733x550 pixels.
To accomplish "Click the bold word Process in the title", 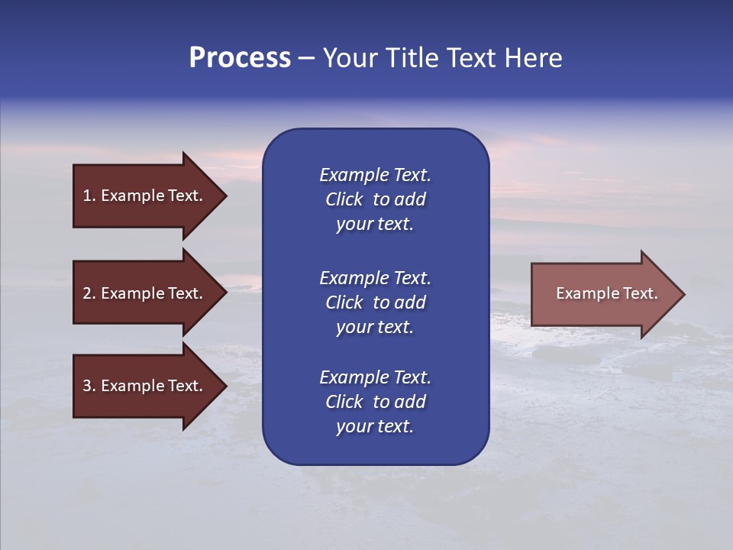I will coord(240,58).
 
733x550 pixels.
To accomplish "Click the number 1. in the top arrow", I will coord(89,196).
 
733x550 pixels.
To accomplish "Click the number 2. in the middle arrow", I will coord(89,293).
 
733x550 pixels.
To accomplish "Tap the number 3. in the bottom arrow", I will coord(89,386).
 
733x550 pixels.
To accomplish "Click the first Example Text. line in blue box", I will coord(375,175).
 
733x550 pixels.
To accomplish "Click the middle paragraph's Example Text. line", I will coord(375,278).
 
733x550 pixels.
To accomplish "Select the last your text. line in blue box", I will coord(375,426).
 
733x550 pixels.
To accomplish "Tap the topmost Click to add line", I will coord(375,199).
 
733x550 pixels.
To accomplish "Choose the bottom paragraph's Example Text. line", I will coord(375,377).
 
